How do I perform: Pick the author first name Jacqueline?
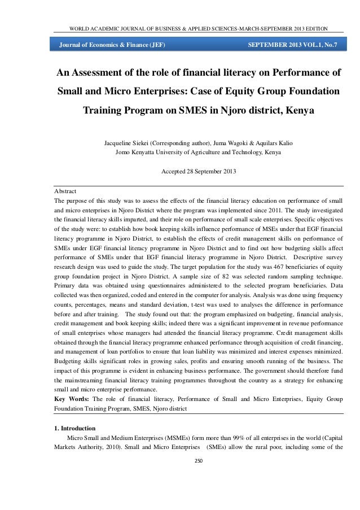(121, 141)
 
